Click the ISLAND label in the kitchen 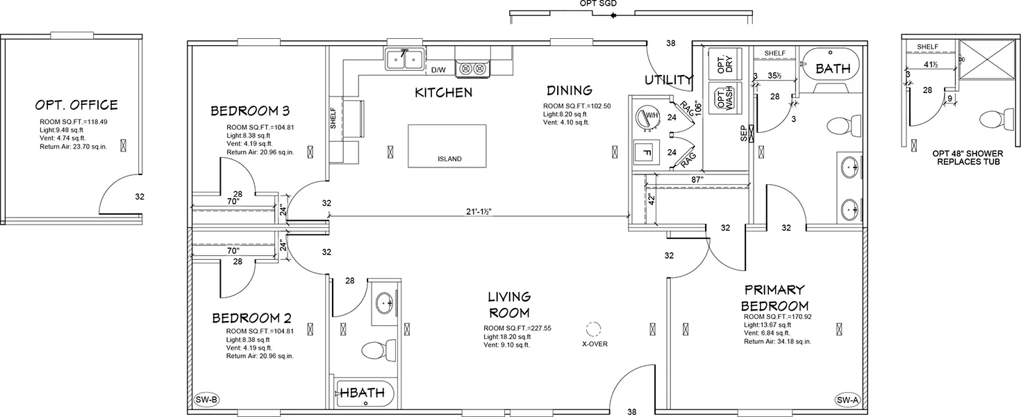[x=449, y=158]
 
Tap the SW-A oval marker [x=848, y=400]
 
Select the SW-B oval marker [x=206, y=400]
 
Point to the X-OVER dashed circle [x=593, y=329]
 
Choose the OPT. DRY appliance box [x=724, y=65]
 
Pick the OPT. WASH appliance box [x=724, y=97]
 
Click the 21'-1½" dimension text [x=479, y=211]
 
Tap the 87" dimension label [x=697, y=180]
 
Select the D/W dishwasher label [x=438, y=69]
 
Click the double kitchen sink [x=405, y=60]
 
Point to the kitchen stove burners [x=472, y=69]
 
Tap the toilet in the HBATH [x=379, y=350]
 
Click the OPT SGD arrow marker [x=613, y=15]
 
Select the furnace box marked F [x=647, y=152]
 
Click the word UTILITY [x=669, y=80]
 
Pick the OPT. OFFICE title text [x=76, y=105]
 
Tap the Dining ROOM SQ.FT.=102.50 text [x=576, y=106]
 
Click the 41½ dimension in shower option [x=930, y=65]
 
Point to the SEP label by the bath [x=743, y=133]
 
